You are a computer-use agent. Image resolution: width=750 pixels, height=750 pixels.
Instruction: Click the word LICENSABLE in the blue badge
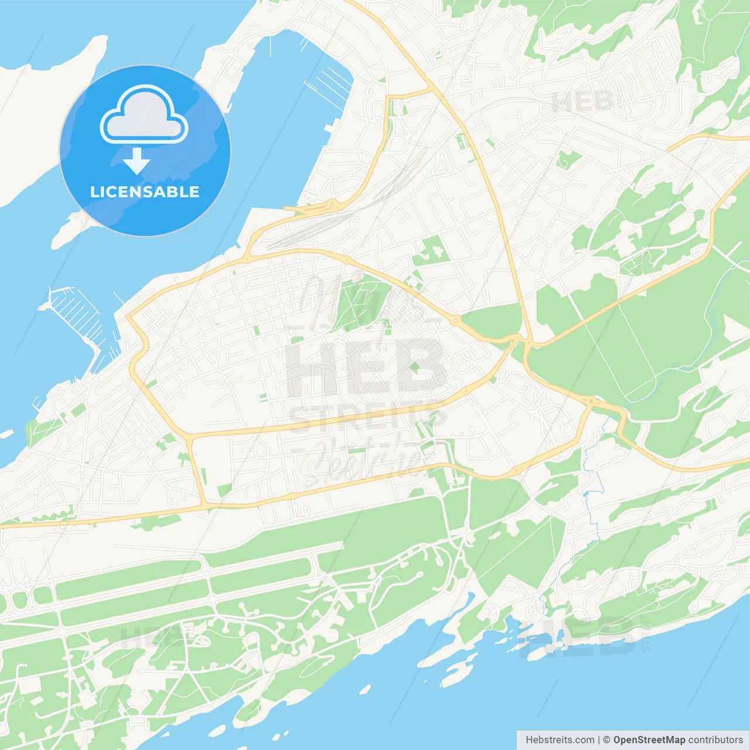point(145,192)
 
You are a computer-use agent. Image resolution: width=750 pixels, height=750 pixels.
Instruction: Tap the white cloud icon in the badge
point(144,115)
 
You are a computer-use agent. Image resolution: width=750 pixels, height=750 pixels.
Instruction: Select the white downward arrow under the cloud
point(137,161)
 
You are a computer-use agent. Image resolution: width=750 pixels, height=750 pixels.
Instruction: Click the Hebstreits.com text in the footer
point(560,740)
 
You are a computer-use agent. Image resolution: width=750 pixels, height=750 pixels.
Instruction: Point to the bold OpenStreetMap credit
point(649,740)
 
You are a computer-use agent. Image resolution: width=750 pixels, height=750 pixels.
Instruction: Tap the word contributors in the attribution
point(715,740)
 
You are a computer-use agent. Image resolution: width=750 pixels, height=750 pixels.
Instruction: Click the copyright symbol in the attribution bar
point(606,740)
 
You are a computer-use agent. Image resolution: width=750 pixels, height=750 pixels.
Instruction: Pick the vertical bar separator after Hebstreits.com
point(599,740)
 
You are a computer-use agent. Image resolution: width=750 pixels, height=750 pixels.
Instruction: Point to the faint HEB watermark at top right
point(583,101)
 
